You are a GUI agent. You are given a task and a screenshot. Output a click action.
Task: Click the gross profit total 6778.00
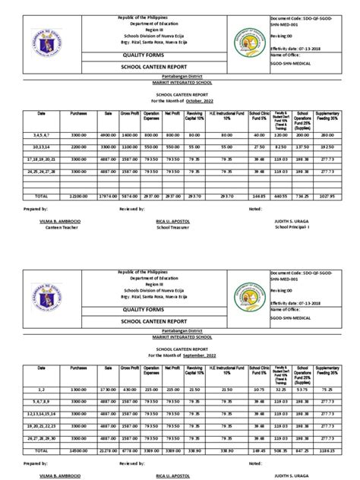pyautogui.click(x=130, y=450)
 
